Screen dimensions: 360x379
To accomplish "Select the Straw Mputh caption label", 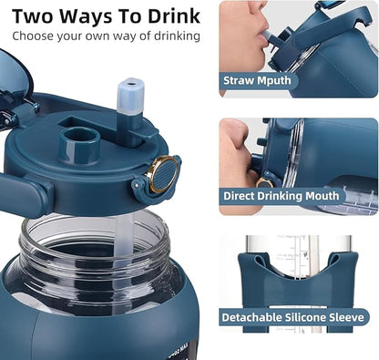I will pos(258,80).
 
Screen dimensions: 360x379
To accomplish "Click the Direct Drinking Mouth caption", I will pos(281,196).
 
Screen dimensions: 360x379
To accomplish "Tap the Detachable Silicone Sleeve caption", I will pos(293,318).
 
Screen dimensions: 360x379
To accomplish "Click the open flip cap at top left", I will pos(18,82).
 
